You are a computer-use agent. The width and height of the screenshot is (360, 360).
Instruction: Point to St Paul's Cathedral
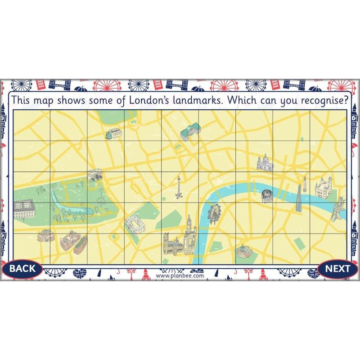pyautogui.click(x=265, y=163)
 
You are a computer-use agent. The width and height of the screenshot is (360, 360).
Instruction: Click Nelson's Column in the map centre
pyautogui.click(x=179, y=187)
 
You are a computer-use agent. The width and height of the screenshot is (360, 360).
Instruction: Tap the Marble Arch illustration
pyautogui.click(x=95, y=175)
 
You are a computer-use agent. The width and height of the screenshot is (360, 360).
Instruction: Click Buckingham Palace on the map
pyautogui.click(x=134, y=224)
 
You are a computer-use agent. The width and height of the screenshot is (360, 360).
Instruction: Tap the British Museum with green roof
pyautogui.click(x=187, y=132)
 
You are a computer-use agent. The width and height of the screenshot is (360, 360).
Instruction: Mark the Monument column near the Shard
pyautogui.click(x=304, y=183)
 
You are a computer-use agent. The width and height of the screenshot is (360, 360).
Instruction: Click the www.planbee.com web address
pyautogui.click(x=180, y=275)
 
